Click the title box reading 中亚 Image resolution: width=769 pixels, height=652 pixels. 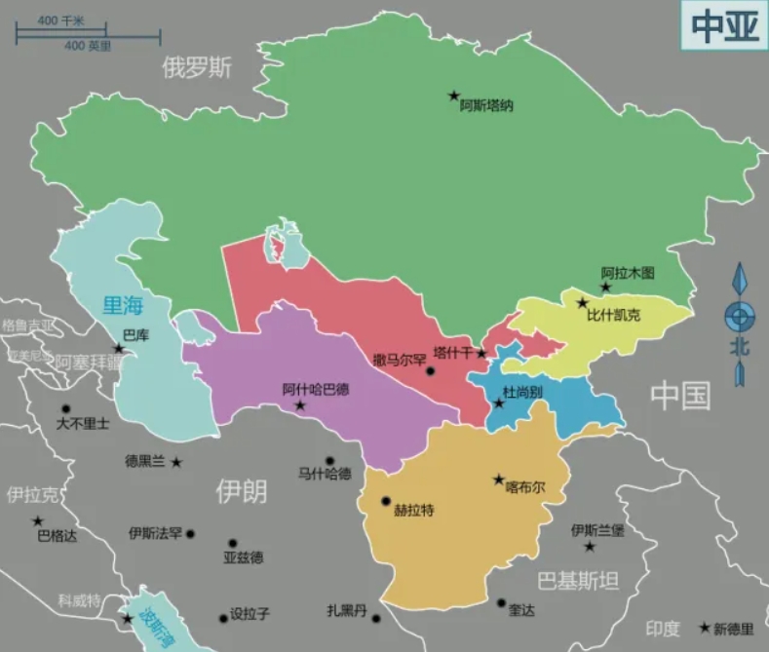(724, 26)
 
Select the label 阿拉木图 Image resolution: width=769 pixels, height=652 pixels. (627, 273)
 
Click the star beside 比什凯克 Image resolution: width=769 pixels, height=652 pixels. (583, 303)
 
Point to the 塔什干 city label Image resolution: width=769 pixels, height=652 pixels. (452, 353)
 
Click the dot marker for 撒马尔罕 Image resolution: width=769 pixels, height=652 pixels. (431, 371)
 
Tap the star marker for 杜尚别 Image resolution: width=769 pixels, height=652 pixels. (499, 403)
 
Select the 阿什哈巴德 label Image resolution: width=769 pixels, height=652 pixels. (315, 389)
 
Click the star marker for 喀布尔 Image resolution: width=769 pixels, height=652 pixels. (499, 479)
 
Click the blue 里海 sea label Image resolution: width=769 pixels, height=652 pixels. (123, 306)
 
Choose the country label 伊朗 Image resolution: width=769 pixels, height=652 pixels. (241, 491)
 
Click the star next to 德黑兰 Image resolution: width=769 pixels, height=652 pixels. (176, 461)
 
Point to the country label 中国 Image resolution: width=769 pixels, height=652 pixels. (680, 396)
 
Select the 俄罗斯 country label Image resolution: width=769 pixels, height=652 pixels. (197, 67)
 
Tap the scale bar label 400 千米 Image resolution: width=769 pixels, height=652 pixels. (60, 20)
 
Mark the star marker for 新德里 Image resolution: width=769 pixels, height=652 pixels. (704, 628)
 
